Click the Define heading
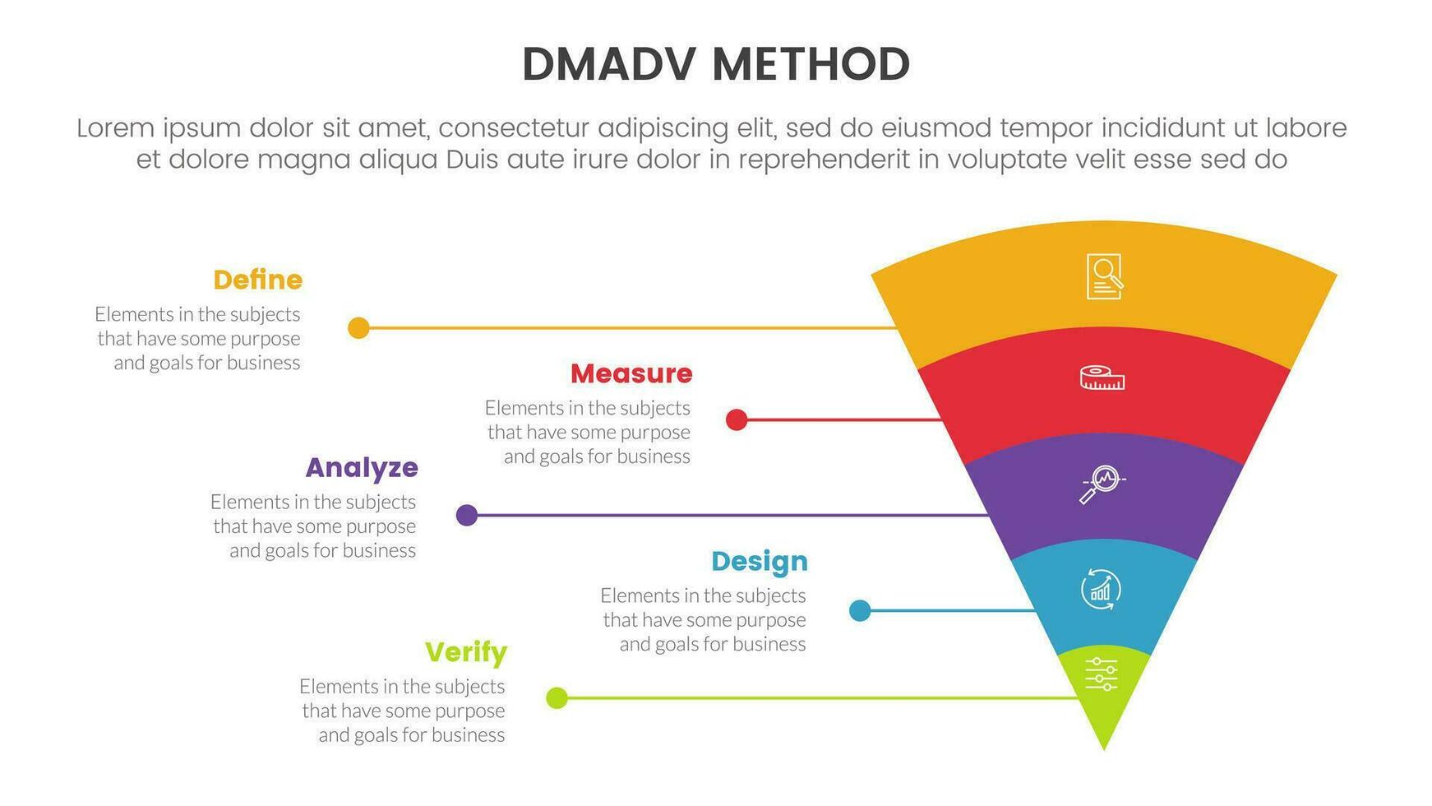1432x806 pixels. [x=257, y=280]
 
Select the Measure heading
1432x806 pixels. [x=631, y=374]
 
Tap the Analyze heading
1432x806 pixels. [x=362, y=468]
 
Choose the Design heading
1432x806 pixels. [x=759, y=562]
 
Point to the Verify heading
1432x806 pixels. [x=465, y=653]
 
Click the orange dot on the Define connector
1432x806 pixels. [x=358, y=328]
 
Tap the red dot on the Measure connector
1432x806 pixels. [x=737, y=420]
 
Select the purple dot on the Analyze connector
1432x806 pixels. [x=467, y=516]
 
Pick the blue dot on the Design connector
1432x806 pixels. [x=860, y=610]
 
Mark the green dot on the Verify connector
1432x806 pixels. [x=557, y=698]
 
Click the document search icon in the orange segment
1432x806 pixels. [x=1104, y=276]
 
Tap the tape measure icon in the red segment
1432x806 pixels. [x=1102, y=378]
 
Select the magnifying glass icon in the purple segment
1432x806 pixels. [x=1102, y=484]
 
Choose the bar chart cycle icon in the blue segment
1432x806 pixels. [x=1101, y=590]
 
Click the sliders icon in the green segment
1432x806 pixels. [x=1102, y=674]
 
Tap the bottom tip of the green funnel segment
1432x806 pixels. [x=1104, y=745]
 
